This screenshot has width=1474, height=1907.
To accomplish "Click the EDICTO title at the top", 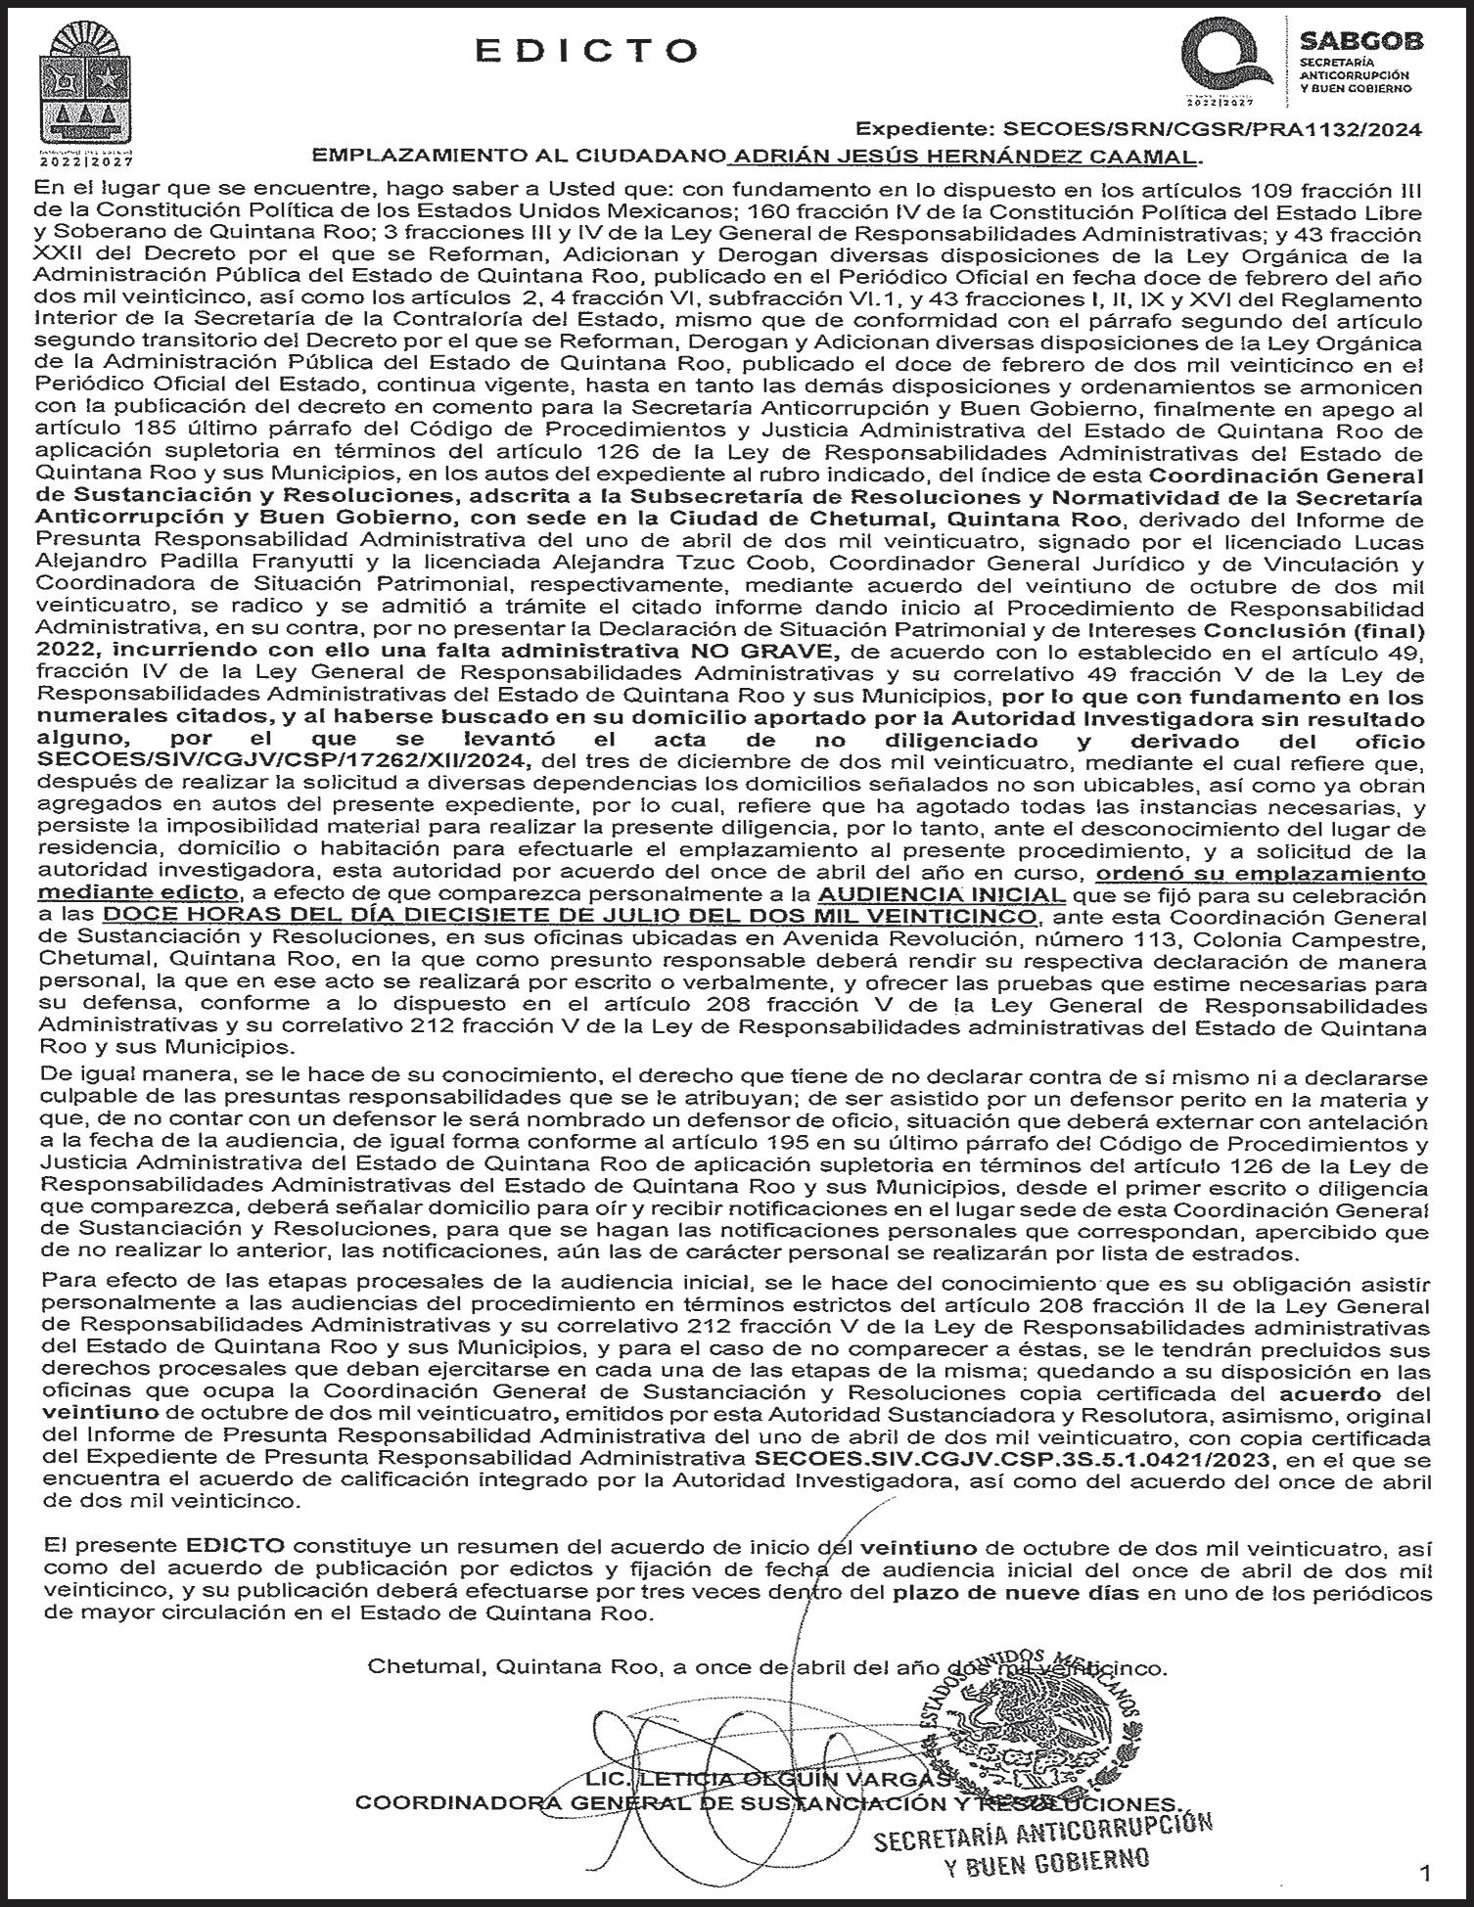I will tap(587, 51).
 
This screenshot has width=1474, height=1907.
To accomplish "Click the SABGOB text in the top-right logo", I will tap(1360, 41).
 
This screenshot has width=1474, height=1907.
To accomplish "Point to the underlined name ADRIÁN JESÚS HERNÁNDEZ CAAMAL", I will tap(965, 157).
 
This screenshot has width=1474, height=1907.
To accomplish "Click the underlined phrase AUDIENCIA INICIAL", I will tap(942, 895).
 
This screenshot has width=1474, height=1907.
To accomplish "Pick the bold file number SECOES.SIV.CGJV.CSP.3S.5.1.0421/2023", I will tap(1015, 1459).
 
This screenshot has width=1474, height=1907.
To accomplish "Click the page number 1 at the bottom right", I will tap(1424, 1874).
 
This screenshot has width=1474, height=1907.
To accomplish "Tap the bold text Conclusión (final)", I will tap(1314, 631).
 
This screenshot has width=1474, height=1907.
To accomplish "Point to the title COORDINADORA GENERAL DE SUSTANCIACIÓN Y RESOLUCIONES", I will tap(767, 1803).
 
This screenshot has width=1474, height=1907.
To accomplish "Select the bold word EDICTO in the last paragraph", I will tap(235, 1547).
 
